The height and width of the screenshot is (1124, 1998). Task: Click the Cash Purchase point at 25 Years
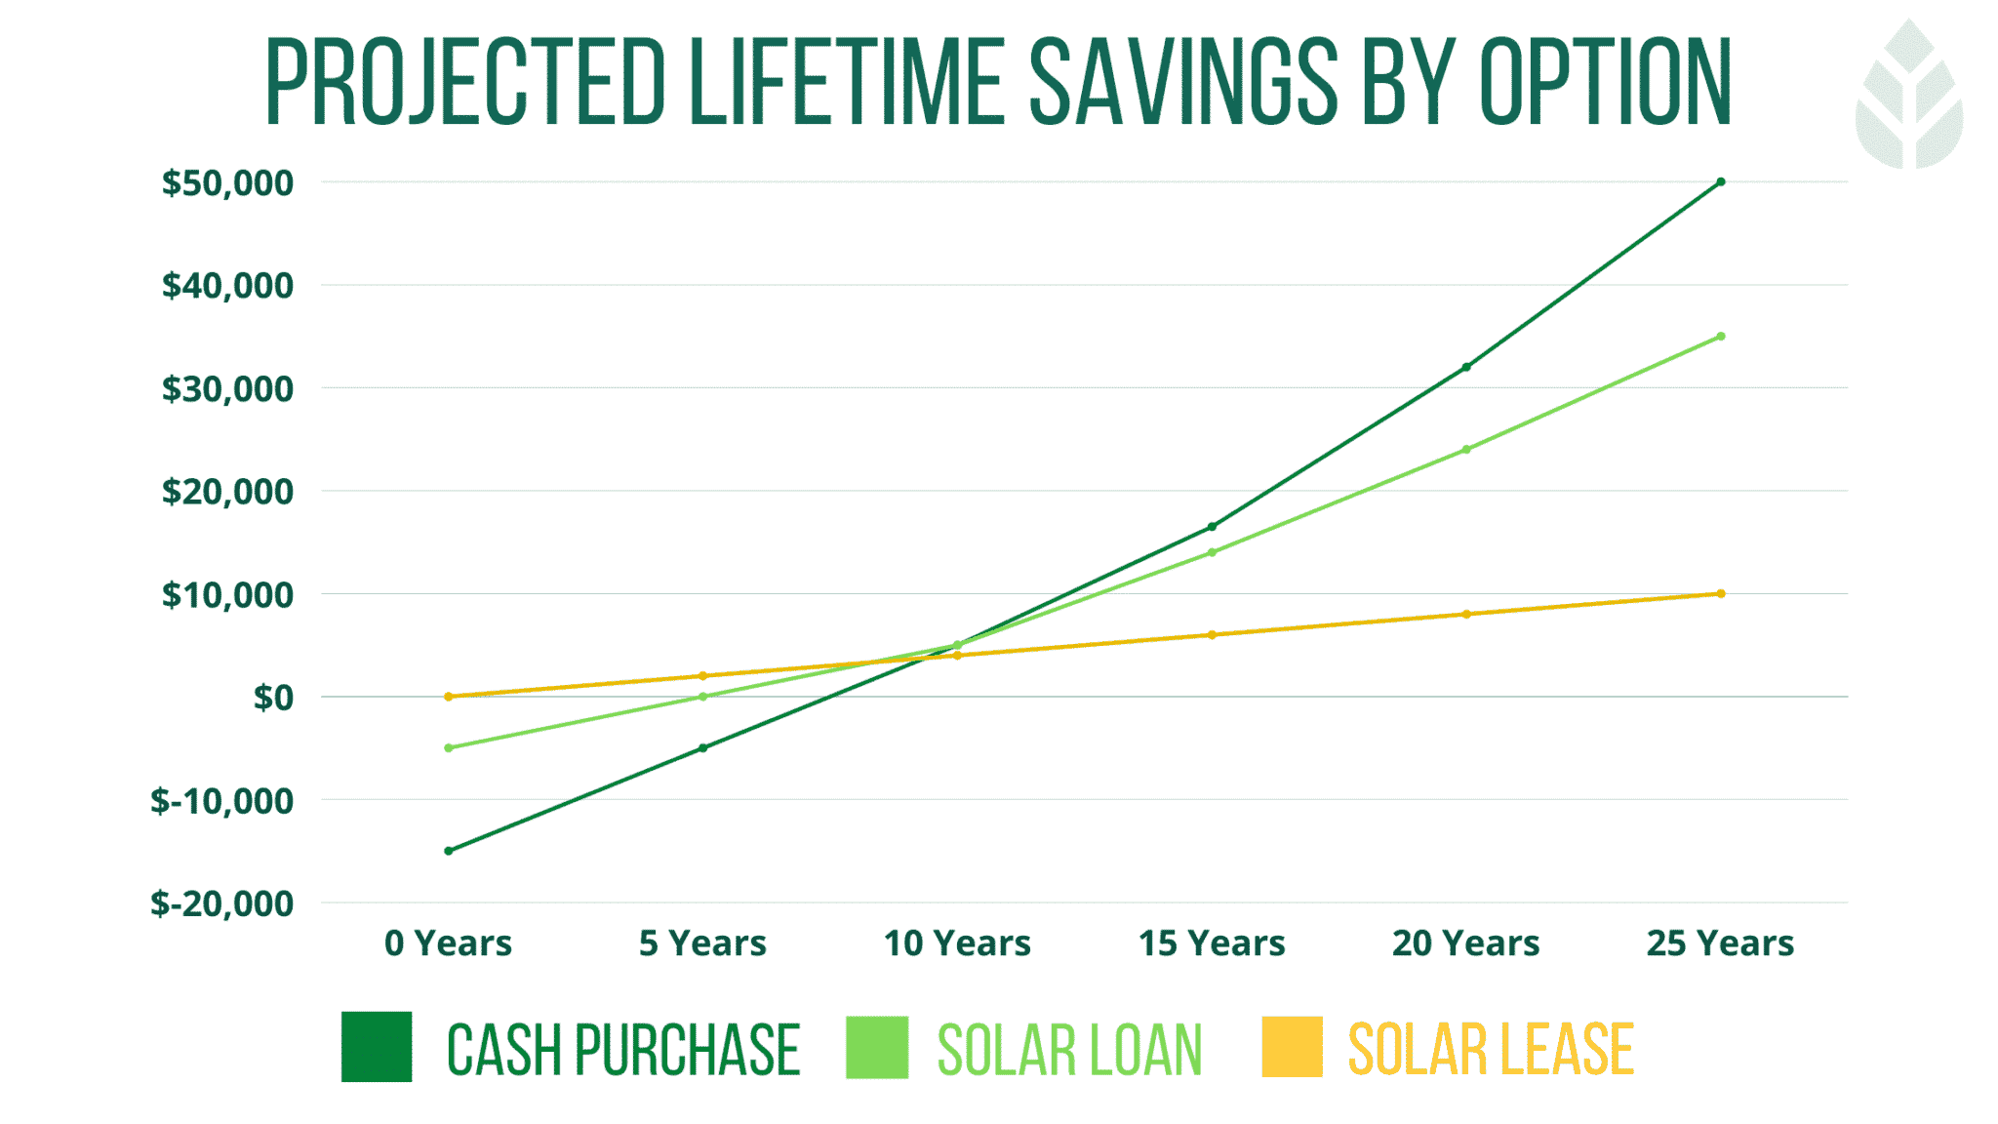click(x=1720, y=182)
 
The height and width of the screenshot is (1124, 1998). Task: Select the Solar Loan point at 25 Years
click(x=1720, y=337)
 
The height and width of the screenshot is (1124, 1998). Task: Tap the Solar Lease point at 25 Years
click(x=1720, y=593)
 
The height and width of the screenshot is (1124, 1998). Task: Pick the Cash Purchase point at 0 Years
click(x=449, y=851)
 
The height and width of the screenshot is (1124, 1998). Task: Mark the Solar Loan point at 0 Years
click(x=449, y=748)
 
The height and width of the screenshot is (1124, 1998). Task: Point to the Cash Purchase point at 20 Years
click(x=1465, y=367)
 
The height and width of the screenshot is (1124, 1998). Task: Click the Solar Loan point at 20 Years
click(x=1465, y=450)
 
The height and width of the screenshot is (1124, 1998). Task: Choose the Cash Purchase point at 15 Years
click(x=1212, y=527)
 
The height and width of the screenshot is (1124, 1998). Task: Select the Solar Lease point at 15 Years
click(x=1212, y=635)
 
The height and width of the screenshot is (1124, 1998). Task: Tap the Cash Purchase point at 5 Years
click(x=702, y=748)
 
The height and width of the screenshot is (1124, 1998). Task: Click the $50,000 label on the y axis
click(x=227, y=183)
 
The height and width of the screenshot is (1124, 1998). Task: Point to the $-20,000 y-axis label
click(x=221, y=903)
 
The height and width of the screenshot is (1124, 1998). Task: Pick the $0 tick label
click(x=273, y=698)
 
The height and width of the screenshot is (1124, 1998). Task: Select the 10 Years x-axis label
click(x=957, y=943)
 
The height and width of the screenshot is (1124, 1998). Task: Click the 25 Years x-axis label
click(x=1720, y=943)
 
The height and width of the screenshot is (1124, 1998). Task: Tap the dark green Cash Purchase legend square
click(x=377, y=1047)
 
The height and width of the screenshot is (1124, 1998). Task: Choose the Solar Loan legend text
click(x=1069, y=1050)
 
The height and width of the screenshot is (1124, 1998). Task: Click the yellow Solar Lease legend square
click(x=1292, y=1047)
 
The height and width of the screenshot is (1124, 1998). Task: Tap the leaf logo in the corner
click(x=1908, y=96)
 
